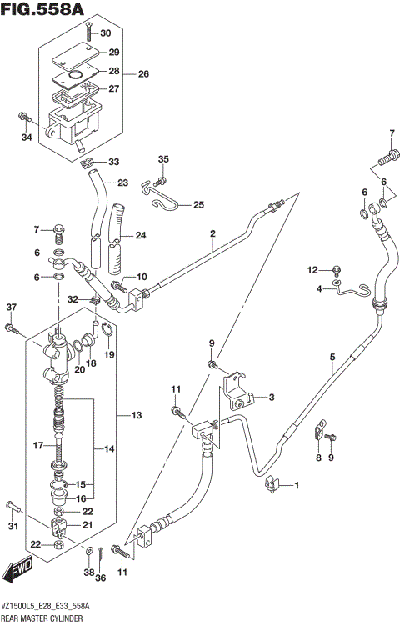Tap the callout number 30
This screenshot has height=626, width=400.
105,33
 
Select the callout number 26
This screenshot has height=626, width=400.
142,74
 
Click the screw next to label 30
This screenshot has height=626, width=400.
87,33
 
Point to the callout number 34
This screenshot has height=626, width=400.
26,138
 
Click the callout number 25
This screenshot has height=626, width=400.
198,204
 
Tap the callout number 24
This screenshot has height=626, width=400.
140,235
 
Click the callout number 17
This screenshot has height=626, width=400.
37,446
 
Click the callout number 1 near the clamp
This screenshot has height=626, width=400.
294,485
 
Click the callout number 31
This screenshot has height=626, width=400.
11,525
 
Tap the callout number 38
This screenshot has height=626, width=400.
87,573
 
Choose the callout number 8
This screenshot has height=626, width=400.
317,458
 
